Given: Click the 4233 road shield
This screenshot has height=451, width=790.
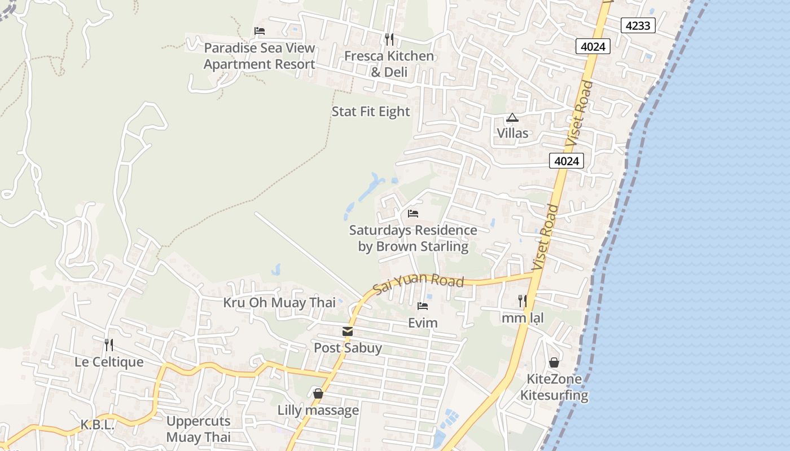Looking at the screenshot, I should click(638, 25).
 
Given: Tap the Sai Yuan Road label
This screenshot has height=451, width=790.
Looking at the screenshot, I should click(418, 284).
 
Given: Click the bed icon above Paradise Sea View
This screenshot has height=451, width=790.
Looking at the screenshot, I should click(260, 30).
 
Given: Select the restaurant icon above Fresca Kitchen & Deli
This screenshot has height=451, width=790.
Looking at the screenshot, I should click(389, 39).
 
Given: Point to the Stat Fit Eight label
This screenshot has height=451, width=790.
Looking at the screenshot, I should click(371, 112).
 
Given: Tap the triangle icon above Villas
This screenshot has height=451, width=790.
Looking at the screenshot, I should click(512, 118).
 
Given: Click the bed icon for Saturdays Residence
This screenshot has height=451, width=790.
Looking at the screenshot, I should click(413, 214).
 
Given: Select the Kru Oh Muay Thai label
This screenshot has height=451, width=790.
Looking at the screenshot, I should click(279, 303).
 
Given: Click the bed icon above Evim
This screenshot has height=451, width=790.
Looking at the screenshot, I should click(423, 306).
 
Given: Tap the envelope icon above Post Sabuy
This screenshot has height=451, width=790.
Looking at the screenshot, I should click(348, 331).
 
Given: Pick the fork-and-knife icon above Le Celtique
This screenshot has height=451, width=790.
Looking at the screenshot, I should click(109, 344).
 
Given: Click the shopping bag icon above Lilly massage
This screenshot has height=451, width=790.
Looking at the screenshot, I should click(318, 393).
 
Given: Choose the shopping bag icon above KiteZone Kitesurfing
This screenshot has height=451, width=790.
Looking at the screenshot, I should click(554, 362).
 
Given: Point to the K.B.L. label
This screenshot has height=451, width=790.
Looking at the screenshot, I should click(97, 425).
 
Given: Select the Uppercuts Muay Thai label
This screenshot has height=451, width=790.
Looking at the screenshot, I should click(199, 429).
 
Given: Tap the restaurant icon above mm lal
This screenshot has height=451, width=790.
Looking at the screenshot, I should click(523, 301).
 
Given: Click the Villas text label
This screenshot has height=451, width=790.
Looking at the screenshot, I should click(512, 134).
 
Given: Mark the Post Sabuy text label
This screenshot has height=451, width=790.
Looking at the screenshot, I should click(348, 348).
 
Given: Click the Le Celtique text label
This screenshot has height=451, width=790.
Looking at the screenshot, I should click(109, 361).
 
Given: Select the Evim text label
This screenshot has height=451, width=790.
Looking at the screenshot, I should click(423, 323).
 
